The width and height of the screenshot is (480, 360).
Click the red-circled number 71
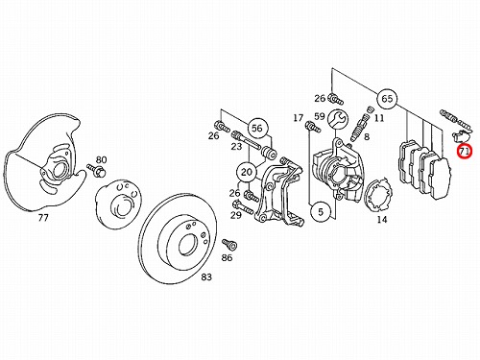464,151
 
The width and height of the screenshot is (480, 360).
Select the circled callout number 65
387,99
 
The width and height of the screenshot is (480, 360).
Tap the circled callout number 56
256,128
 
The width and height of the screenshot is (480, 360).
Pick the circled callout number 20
246,173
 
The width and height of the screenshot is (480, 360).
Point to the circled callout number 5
321,211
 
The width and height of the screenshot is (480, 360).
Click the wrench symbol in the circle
338,119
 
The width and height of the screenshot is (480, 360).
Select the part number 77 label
43,218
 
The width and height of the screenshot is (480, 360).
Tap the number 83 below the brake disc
206,276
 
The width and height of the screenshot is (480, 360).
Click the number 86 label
227,257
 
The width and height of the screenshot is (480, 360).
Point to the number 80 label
102,159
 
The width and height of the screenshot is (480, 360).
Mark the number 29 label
236,215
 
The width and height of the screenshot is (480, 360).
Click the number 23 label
236,147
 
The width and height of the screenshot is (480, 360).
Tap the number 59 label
320,116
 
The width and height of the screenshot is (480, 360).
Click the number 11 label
379,118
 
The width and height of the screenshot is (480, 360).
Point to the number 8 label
367,136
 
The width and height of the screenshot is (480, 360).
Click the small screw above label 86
229,245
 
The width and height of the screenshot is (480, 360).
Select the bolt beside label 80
95,170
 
